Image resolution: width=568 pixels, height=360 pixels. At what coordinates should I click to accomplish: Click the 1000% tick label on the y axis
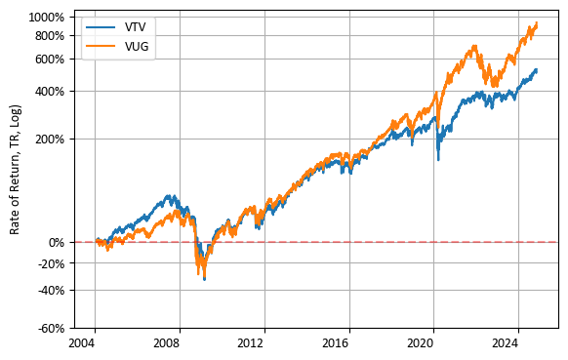coord(48,18)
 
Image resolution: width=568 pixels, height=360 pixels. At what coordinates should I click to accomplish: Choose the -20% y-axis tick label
coord(50,263)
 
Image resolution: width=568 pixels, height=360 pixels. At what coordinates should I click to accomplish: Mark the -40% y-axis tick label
coord(50,290)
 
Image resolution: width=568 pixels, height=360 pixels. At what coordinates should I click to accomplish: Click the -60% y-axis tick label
coord(50,328)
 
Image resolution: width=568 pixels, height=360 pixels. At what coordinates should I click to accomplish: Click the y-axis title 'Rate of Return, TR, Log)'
coord(16,172)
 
